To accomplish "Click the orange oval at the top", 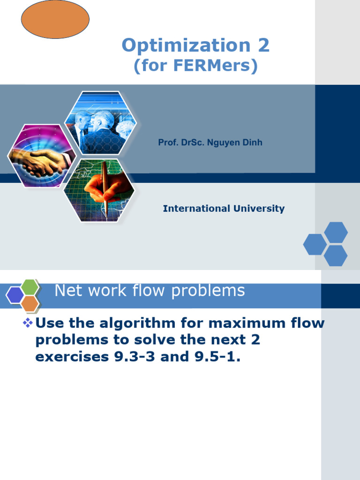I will pos(55,19).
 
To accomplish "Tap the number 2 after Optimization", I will pos(262,45).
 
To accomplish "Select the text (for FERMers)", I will pos(195,66).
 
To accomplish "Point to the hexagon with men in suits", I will pos(101,122).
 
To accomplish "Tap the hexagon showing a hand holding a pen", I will pos(100,190).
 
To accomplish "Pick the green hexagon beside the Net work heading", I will pos(30,286).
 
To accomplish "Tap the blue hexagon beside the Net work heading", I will pos(15,295).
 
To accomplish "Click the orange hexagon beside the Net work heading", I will pos(30,304).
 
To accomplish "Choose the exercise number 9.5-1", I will pos(214,357).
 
